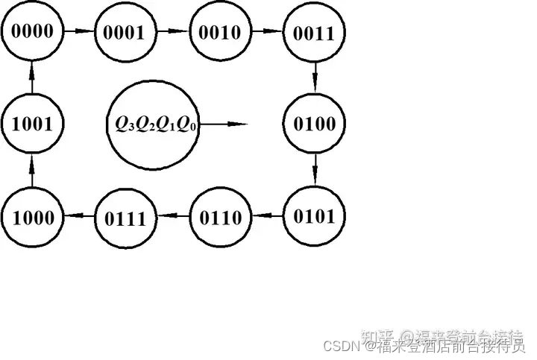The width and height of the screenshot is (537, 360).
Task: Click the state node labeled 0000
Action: click(x=31, y=32)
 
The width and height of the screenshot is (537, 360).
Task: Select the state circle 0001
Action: click(x=124, y=32)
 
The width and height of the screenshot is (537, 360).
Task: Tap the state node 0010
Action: click(x=218, y=32)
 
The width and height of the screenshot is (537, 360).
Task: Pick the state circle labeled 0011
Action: click(x=313, y=32)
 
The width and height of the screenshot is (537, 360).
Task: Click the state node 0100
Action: click(x=313, y=124)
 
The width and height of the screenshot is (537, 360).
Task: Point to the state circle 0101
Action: click(x=313, y=217)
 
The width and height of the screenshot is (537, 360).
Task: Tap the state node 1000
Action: click(x=31, y=218)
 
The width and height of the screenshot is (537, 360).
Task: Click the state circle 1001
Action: click(x=31, y=124)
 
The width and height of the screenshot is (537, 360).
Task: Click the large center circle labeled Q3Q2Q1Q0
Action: click(x=155, y=124)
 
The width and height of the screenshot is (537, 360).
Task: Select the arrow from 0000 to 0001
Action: click(x=78, y=32)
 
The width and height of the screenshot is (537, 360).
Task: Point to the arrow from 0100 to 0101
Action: click(x=314, y=170)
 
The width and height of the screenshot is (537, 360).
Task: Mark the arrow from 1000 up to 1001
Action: click(x=32, y=171)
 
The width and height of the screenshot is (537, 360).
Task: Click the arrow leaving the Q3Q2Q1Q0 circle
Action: click(x=224, y=124)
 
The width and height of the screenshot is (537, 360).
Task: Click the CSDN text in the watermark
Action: click(x=339, y=347)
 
